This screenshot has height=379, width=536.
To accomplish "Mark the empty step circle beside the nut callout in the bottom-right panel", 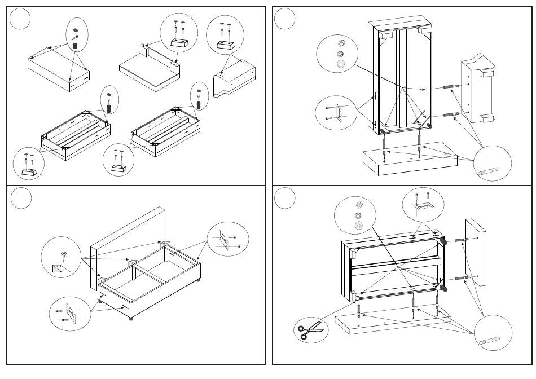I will tap(285, 198).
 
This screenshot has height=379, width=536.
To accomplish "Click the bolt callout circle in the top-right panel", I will tap(492, 164).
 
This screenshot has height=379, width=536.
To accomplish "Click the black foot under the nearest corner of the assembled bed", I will tap(132, 319).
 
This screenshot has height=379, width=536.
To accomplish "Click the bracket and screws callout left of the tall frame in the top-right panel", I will tap(336, 113).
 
